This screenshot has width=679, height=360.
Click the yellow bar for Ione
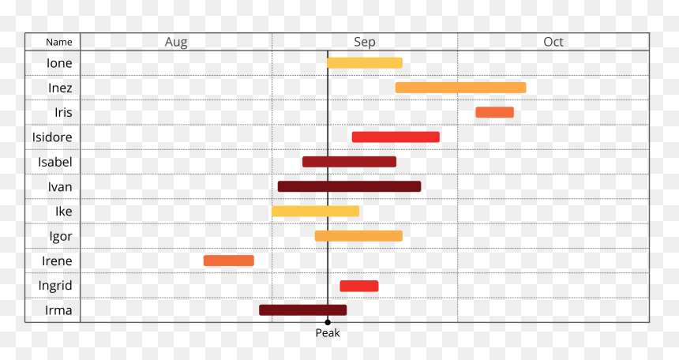pyautogui.click(x=365, y=63)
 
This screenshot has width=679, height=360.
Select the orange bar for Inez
pyautogui.click(x=461, y=88)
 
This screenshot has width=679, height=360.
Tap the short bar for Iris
pyautogui.click(x=494, y=112)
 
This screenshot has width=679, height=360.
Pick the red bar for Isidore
pyautogui.click(x=396, y=137)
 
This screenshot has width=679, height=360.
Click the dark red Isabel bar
pyautogui.click(x=349, y=162)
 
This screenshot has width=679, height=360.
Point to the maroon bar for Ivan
pyautogui.click(x=350, y=187)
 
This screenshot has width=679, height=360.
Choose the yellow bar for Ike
pyautogui.click(x=315, y=212)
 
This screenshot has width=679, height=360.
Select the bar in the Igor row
pyautogui.click(x=358, y=236)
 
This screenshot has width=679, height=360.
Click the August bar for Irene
pyautogui.click(x=229, y=261)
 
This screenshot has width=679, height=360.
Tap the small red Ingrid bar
pyautogui.click(x=359, y=286)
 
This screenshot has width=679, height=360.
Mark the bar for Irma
pyautogui.click(x=302, y=310)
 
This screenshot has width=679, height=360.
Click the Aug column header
pyautogui.click(x=176, y=42)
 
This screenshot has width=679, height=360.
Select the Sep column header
pyautogui.click(x=365, y=42)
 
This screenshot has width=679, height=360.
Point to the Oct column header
pyautogui.click(x=553, y=42)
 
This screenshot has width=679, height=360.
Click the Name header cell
pyautogui.click(x=59, y=42)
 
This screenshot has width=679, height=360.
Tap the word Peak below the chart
pyautogui.click(x=328, y=332)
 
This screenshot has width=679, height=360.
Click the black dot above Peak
pyautogui.click(x=328, y=322)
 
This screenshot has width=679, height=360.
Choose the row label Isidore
pyautogui.click(x=52, y=137)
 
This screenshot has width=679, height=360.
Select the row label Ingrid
pyautogui.click(x=55, y=286)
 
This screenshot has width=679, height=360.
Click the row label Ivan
pyautogui.click(x=60, y=187)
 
